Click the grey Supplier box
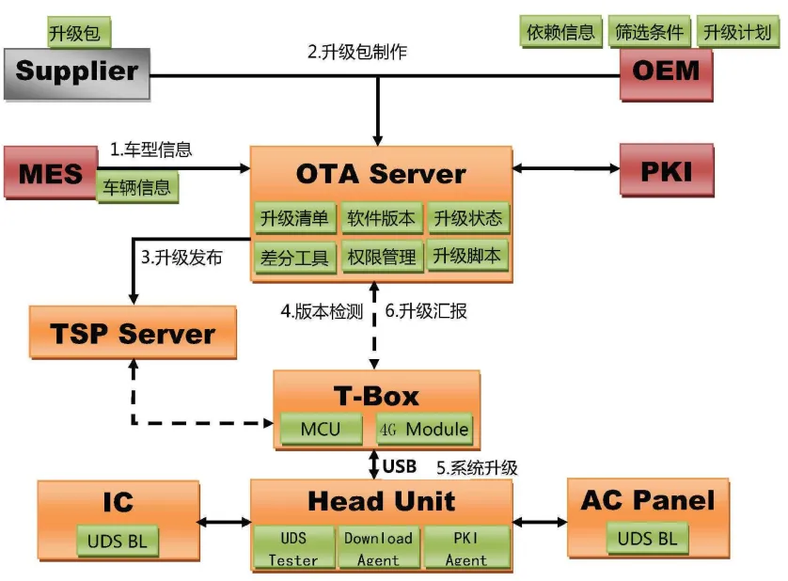pyautogui.click(x=76, y=72)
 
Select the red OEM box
pyautogui.click(x=666, y=72)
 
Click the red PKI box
pyautogui.click(x=667, y=171)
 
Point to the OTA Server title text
pyautogui.click(x=381, y=174)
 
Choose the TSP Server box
pyautogui.click(x=133, y=334)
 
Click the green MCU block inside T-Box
pyautogui.click(x=321, y=429)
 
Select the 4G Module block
pyautogui.click(x=423, y=429)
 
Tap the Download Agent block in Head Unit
pyautogui.click(x=378, y=548)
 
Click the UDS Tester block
pyautogui.click(x=293, y=548)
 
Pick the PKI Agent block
pyautogui.click(x=465, y=548)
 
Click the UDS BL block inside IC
pyautogui.click(x=118, y=541)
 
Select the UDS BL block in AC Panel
pyautogui.click(x=648, y=539)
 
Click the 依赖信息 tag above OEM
pyautogui.click(x=560, y=32)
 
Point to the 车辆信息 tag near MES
pyautogui.click(x=137, y=187)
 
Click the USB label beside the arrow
pyautogui.click(x=401, y=465)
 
